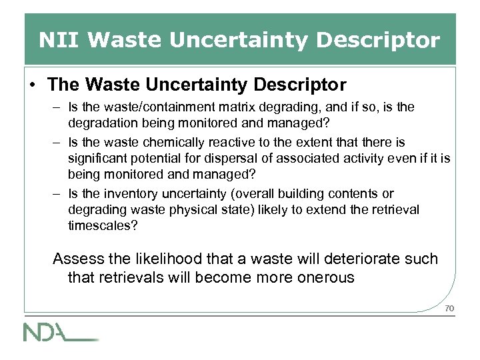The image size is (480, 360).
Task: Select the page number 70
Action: [449, 308]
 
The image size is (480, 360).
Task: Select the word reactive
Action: [228, 142]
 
